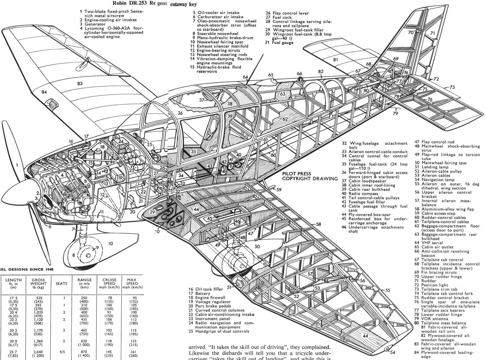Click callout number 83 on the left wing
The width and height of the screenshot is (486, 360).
80,84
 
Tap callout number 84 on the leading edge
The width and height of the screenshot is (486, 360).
44,92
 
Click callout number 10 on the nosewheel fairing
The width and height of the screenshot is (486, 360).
110,244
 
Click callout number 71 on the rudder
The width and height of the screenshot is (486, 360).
432,34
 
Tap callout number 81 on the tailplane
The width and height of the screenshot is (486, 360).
335,60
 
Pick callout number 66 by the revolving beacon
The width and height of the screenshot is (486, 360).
299,73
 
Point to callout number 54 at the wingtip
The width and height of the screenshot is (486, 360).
393,352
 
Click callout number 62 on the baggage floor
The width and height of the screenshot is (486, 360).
285,119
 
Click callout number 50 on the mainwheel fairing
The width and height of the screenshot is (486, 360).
257,246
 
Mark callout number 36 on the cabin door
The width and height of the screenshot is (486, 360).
180,113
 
